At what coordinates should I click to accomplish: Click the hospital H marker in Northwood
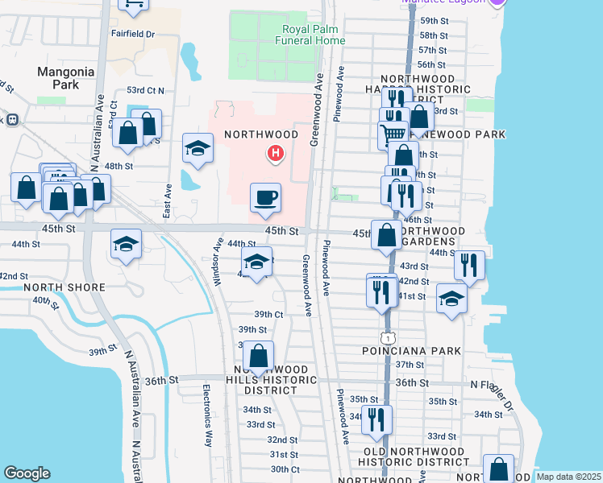276,152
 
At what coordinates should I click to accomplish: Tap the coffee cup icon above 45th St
265,197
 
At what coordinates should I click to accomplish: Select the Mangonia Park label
66,77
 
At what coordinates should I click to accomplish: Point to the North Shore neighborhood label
64,287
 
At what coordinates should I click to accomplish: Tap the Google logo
27,473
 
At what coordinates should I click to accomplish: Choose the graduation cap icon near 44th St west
125,245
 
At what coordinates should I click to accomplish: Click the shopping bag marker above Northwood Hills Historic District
258,356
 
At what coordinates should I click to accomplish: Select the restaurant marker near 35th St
375,419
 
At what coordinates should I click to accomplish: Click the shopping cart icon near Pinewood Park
393,133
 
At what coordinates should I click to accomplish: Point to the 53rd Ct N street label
145,91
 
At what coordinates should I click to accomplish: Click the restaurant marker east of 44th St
468,264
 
